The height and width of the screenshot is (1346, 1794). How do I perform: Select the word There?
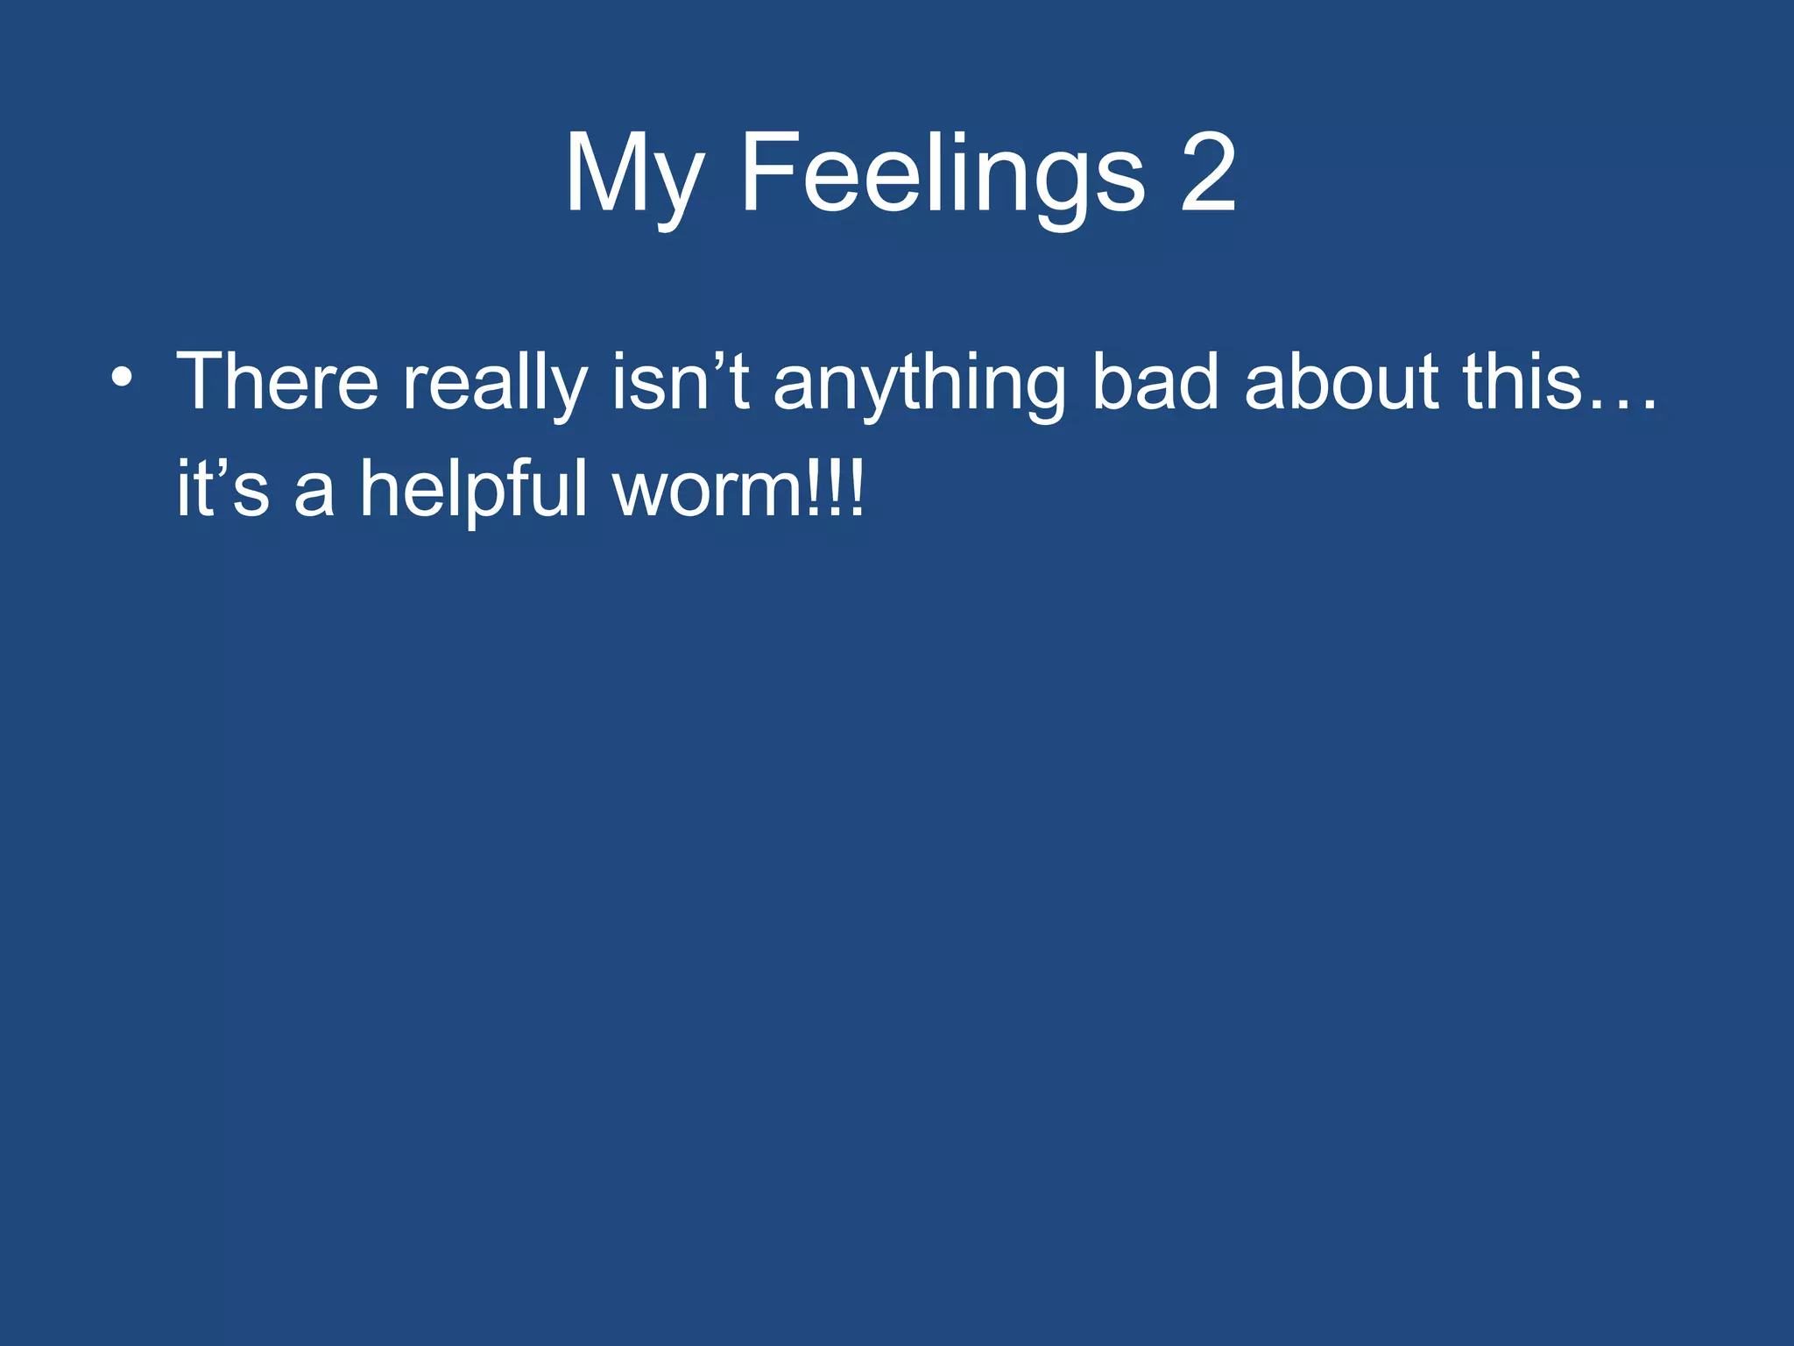point(277,382)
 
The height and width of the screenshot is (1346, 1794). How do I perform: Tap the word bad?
point(1155,382)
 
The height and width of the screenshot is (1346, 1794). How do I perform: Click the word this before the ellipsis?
point(1522,382)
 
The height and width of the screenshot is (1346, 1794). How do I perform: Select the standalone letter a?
point(314,496)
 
